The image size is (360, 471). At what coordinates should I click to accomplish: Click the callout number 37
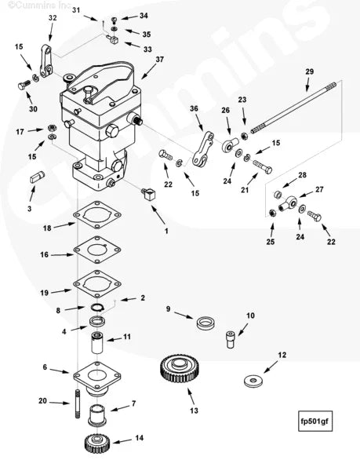click(x=159, y=59)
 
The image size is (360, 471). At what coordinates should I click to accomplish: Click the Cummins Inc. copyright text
click(x=31, y=5)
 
